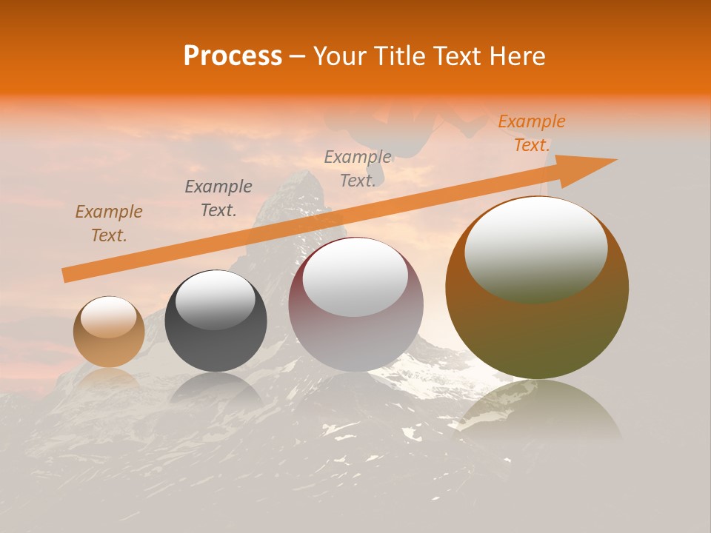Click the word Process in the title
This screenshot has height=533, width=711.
point(233,56)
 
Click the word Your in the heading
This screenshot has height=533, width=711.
point(338,56)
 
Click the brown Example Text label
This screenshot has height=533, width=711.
point(109,224)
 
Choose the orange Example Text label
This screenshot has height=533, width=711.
point(532,133)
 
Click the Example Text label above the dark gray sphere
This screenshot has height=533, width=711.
point(218,198)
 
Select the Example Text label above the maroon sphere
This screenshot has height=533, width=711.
point(358,169)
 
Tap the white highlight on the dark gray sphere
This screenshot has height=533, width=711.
point(215,301)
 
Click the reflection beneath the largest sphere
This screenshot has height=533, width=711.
point(537,411)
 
